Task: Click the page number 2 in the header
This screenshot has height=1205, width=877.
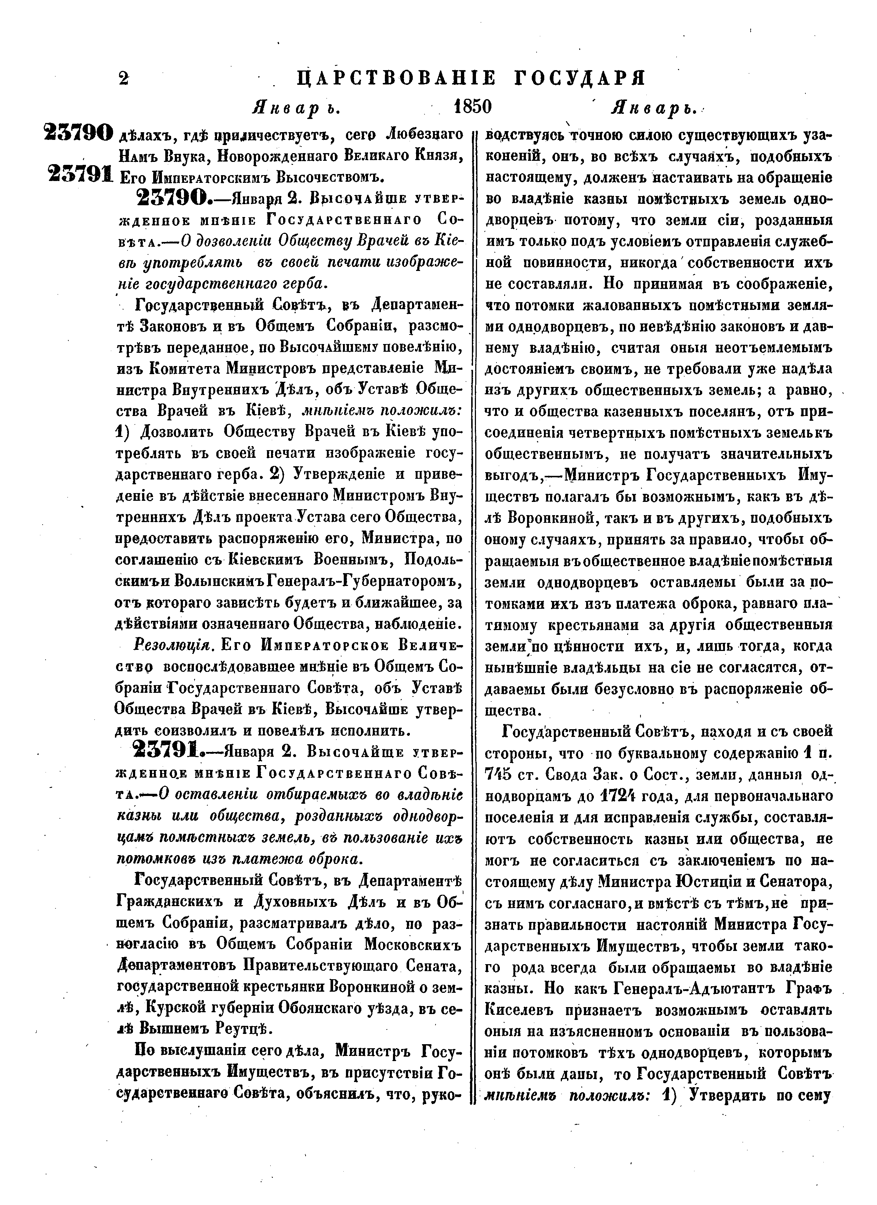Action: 123,79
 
